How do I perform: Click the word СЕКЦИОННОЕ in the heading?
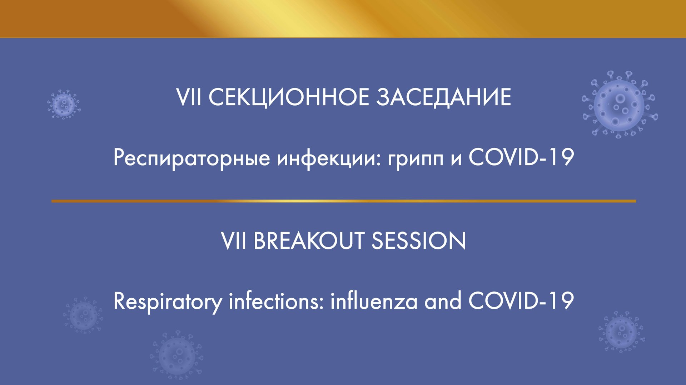[289, 97]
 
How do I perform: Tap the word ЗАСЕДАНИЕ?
[443, 97]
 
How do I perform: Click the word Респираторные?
[192, 158]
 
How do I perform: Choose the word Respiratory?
[168, 302]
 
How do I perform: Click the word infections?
[276, 301]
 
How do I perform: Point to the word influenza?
[374, 301]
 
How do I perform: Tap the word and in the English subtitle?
[443, 301]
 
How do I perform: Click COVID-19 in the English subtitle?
[521, 301]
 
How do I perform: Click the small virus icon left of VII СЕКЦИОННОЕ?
[64, 104]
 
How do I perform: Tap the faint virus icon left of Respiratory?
[83, 315]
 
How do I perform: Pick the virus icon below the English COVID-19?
[621, 332]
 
